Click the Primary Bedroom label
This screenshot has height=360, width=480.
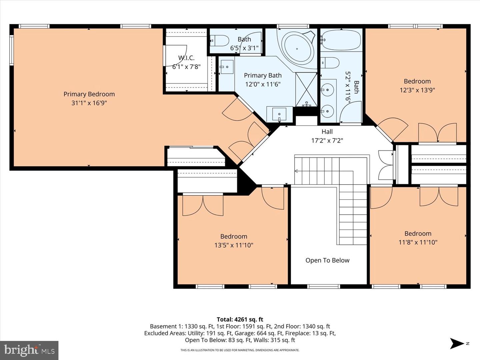click(x=89, y=94)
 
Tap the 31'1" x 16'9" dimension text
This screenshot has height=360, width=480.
click(x=89, y=103)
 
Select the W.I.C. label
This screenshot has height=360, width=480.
click(x=186, y=58)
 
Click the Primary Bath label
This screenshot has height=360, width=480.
click(x=263, y=76)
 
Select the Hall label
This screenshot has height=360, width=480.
click(x=327, y=132)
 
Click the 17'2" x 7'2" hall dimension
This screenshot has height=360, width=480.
click(x=327, y=141)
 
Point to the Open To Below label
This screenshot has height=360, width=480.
click(x=327, y=260)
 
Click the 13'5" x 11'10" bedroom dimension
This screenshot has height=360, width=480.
click(x=234, y=245)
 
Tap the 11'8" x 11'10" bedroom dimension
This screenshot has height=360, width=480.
click(x=418, y=242)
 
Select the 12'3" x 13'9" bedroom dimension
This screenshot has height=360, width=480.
click(x=417, y=90)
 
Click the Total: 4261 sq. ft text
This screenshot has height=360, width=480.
click(x=240, y=319)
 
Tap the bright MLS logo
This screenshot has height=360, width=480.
click(x=29, y=350)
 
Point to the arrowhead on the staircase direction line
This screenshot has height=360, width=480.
click(x=296, y=171)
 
